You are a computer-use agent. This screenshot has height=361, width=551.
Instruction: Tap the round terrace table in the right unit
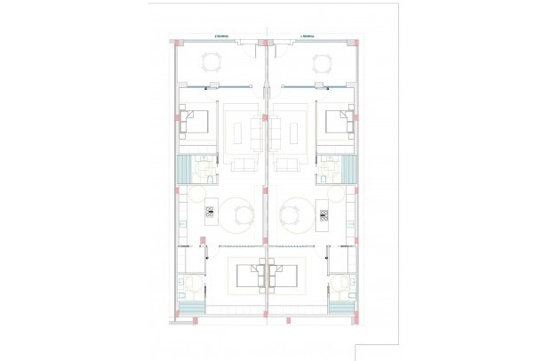pos(321,61)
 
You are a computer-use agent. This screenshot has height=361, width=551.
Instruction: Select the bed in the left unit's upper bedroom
pos(196,122)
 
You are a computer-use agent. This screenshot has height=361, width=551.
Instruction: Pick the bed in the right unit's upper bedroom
pos(337,122)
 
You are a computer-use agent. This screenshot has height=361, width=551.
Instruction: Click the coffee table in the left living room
pos(241,133)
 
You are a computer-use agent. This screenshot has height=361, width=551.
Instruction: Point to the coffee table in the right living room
pos(292,133)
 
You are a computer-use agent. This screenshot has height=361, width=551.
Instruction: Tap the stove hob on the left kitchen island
pos(211,213)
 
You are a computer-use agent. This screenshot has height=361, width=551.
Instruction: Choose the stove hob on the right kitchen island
pos(323,213)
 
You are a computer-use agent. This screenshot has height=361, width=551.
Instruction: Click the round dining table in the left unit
pos(244,213)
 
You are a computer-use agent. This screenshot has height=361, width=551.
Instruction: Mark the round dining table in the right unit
pos(290,213)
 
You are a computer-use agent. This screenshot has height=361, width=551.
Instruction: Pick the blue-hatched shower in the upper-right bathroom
pos(349,168)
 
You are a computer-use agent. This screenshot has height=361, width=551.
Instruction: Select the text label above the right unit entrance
pos(307,36)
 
